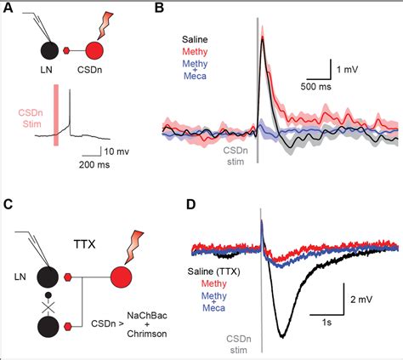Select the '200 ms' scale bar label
pos(99,167)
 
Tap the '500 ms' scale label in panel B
pos(317,86)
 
